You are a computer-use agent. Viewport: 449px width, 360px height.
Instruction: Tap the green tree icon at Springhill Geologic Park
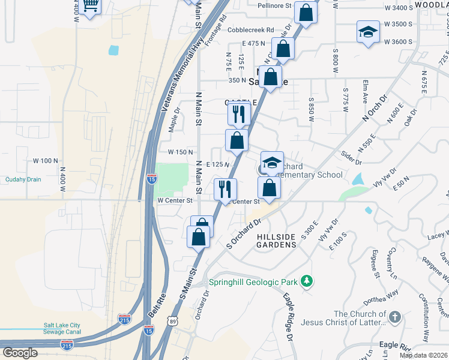(307, 281)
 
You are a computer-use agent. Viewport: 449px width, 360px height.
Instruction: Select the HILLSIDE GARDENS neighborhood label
(277, 241)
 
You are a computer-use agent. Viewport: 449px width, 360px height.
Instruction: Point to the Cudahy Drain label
(23, 179)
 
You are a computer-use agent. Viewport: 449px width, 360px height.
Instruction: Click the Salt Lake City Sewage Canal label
(70, 329)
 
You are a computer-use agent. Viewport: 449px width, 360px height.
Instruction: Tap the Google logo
(20, 353)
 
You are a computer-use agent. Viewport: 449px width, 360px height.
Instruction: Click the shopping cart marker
(90, 5)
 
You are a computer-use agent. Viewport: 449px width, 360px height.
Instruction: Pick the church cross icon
(394, 316)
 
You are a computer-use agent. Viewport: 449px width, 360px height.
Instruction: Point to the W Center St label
(174, 200)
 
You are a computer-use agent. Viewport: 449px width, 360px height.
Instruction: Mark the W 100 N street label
(45, 161)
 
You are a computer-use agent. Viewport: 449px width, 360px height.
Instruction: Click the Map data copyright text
(423, 355)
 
